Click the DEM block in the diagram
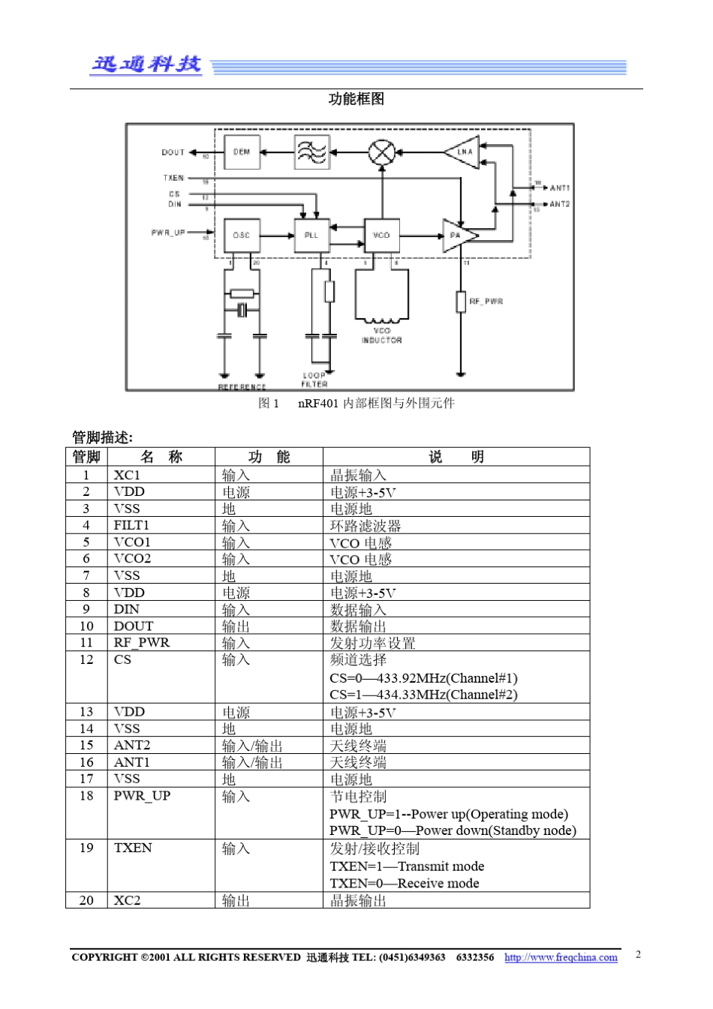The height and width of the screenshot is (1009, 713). pyautogui.click(x=242, y=152)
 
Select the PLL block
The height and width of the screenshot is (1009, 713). pyautogui.click(x=311, y=235)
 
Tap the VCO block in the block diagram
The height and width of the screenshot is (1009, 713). pyautogui.click(x=381, y=235)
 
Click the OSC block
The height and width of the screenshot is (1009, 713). pyautogui.click(x=242, y=235)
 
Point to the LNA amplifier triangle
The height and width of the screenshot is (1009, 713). pyautogui.click(x=464, y=152)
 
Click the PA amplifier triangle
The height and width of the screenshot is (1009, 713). pyautogui.click(x=458, y=236)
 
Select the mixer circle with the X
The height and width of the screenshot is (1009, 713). pyautogui.click(x=381, y=152)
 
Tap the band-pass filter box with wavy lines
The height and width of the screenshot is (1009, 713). pyautogui.click(x=311, y=152)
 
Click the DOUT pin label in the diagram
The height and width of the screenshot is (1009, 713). pyautogui.click(x=173, y=152)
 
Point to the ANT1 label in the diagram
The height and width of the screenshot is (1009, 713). pyautogui.click(x=560, y=188)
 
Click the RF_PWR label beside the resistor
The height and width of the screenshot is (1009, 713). pyautogui.click(x=486, y=301)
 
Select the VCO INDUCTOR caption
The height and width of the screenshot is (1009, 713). pyautogui.click(x=382, y=335)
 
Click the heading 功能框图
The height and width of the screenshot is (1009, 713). pyautogui.click(x=356, y=99)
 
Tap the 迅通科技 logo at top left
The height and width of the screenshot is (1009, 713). pyautogui.click(x=146, y=65)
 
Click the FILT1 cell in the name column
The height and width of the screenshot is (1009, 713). pyautogui.click(x=131, y=525)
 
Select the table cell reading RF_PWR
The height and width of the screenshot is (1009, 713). pyautogui.click(x=142, y=642)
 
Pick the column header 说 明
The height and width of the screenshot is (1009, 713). pyautogui.click(x=456, y=457)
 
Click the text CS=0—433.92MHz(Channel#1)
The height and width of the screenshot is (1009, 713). pyautogui.click(x=423, y=678)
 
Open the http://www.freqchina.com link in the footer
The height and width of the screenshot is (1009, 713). pyautogui.click(x=561, y=957)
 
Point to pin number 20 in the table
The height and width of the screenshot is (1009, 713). pyautogui.click(x=86, y=900)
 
